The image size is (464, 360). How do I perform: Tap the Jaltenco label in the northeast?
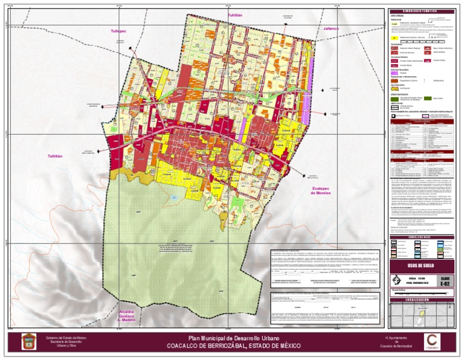pyautogui.click(x=332, y=28)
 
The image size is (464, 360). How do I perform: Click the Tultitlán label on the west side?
pyautogui.click(x=55, y=156)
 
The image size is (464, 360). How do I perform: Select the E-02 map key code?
pyautogui.click(x=445, y=281)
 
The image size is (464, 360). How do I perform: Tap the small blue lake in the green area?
pyautogui.click(x=175, y=198)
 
